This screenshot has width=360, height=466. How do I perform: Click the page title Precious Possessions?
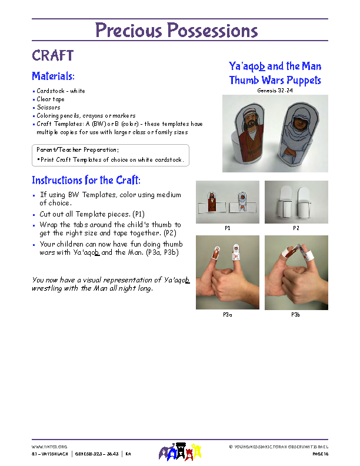(x=176, y=30)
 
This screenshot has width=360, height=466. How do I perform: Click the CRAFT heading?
(x=52, y=56)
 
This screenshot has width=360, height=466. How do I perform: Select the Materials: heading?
(x=53, y=76)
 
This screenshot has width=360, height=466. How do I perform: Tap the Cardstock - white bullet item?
(x=61, y=91)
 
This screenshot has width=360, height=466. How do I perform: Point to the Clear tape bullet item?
(x=51, y=99)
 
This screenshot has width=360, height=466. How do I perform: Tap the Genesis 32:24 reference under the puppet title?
(x=275, y=91)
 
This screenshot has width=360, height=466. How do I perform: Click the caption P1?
(x=227, y=227)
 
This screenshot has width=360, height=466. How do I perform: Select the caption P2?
(x=296, y=227)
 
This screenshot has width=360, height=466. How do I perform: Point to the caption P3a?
(x=227, y=315)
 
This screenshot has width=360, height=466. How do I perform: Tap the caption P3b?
(x=296, y=315)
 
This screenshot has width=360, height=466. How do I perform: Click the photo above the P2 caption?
(x=296, y=201)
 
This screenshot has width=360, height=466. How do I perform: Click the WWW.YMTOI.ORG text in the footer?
(x=49, y=447)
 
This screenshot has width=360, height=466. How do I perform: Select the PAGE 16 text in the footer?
(x=320, y=454)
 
